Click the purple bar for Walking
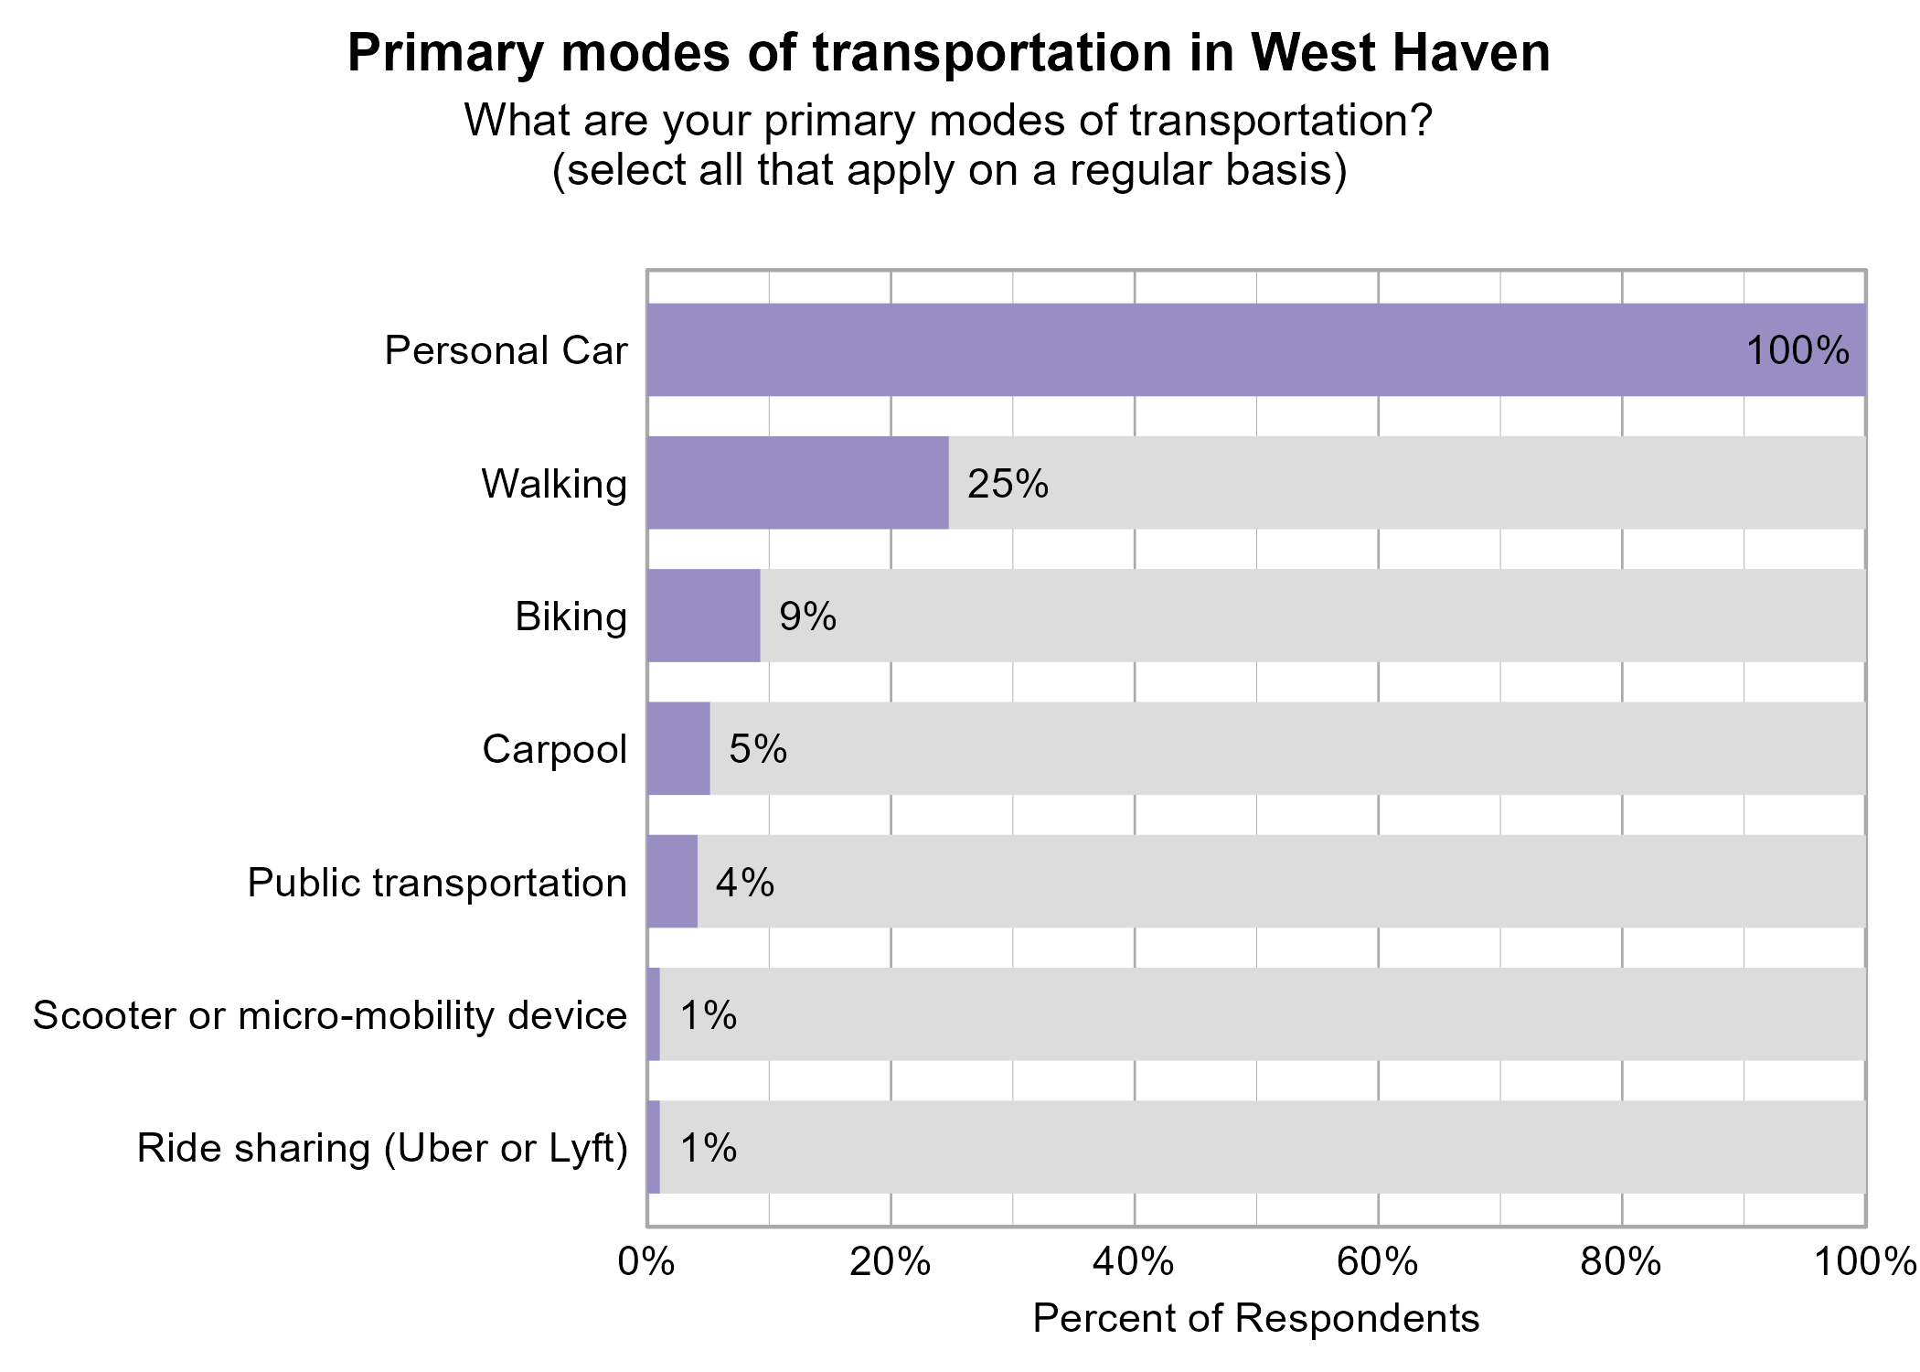pos(797,483)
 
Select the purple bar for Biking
pos(703,616)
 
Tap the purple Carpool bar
pos(678,748)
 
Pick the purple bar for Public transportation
pos(672,882)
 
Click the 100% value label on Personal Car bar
pos(1797,351)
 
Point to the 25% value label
pos(1008,484)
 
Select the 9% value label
pos(807,616)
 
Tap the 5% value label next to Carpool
pos(757,749)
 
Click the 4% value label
pos(744,883)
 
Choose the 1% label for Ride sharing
pos(708,1148)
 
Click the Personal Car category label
pos(506,351)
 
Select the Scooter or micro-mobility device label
pos(330,1015)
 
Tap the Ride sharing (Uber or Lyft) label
pos(382,1149)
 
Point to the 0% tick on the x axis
pos(646,1262)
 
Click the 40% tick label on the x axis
pos(1134,1262)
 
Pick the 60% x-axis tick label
pos(1378,1262)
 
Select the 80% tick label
pos(1621,1262)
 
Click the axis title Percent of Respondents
pos(1255,1319)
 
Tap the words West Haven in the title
pos(1401,53)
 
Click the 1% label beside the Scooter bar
pos(708,1015)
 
